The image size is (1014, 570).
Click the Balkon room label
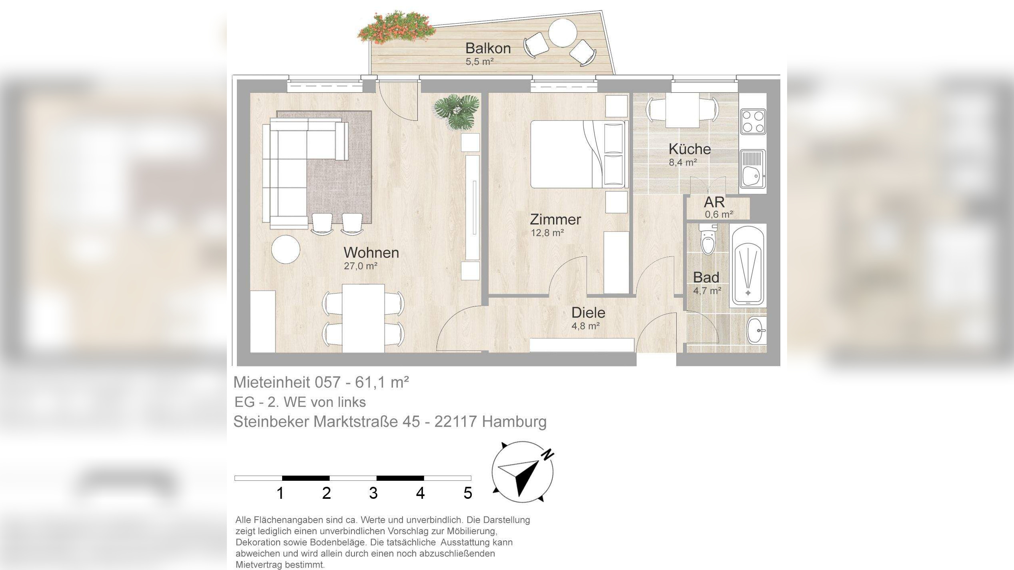click(488, 48)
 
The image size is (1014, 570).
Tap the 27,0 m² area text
click(361, 266)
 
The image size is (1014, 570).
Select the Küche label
click(689, 149)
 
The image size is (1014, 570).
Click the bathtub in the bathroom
click(747, 266)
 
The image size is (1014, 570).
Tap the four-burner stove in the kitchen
click(753, 122)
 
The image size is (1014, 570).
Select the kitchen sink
click(753, 169)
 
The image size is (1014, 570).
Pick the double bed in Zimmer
click(577, 154)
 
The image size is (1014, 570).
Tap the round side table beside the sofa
click(286, 249)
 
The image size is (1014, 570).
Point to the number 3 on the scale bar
click(373, 493)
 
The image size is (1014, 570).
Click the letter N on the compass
click(548, 454)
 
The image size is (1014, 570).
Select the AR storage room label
click(714, 202)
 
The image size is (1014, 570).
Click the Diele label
click(588, 312)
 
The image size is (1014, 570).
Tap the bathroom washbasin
click(756, 330)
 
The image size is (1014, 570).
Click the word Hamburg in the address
click(514, 421)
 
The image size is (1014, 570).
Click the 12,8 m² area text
click(547, 233)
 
